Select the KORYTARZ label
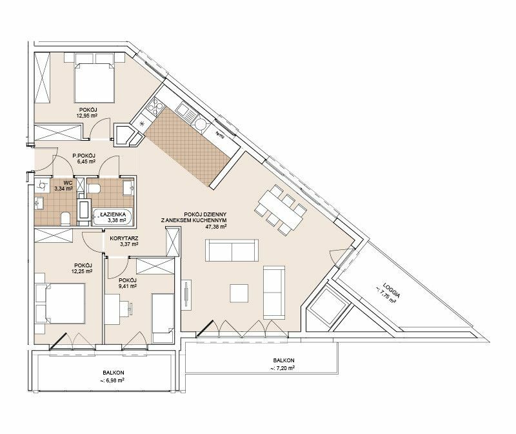(x=124, y=238)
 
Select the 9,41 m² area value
(x=128, y=286)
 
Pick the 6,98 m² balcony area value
(x=113, y=380)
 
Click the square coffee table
(x=239, y=293)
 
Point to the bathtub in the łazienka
(x=112, y=216)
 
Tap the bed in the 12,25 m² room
(x=65, y=303)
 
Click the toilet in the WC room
(x=66, y=219)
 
